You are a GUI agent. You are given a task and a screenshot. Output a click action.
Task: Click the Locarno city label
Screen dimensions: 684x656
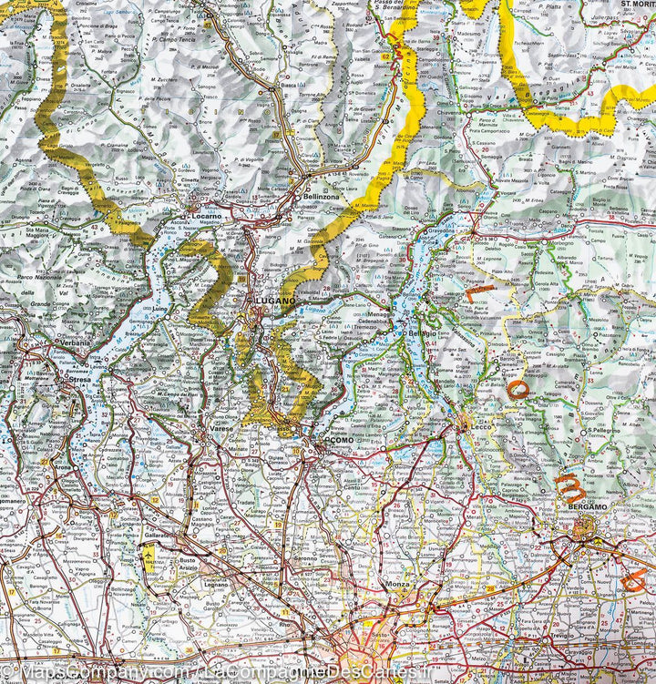click(208, 216)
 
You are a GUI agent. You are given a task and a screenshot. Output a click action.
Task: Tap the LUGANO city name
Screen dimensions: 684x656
click(274, 300)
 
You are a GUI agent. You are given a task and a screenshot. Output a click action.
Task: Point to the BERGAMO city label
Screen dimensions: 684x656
click(587, 506)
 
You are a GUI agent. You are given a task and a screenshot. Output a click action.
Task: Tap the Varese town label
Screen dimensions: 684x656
click(220, 428)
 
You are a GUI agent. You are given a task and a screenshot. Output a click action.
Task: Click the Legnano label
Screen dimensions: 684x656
click(217, 583)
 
